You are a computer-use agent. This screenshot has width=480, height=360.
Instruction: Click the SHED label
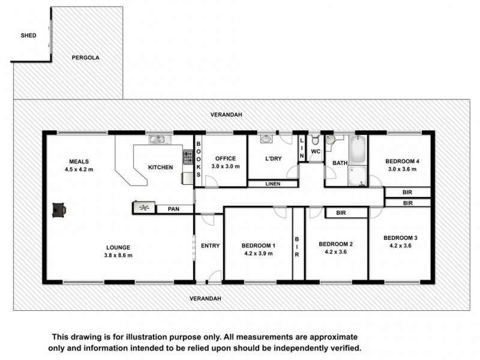click(28, 35)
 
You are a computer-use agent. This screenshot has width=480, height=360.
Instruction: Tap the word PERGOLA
click(85, 58)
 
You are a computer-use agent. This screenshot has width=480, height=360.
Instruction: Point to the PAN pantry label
click(175, 209)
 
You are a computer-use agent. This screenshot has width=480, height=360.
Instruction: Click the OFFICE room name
click(225, 158)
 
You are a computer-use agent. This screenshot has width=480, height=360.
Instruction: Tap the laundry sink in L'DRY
click(267, 140)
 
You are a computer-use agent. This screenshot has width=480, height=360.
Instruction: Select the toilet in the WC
click(316, 140)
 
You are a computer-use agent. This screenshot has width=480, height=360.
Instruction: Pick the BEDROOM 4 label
click(401, 161)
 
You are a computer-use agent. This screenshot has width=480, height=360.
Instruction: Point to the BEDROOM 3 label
click(400, 238)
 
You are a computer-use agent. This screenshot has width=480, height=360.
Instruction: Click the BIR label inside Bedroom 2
click(341, 212)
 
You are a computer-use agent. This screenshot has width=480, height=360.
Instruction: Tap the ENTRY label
click(209, 245)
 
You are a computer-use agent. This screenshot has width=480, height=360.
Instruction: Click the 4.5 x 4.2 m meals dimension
click(79, 169)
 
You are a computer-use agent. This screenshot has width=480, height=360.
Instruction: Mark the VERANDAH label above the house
click(224, 114)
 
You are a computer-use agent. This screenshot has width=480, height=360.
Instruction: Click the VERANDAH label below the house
click(205, 298)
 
